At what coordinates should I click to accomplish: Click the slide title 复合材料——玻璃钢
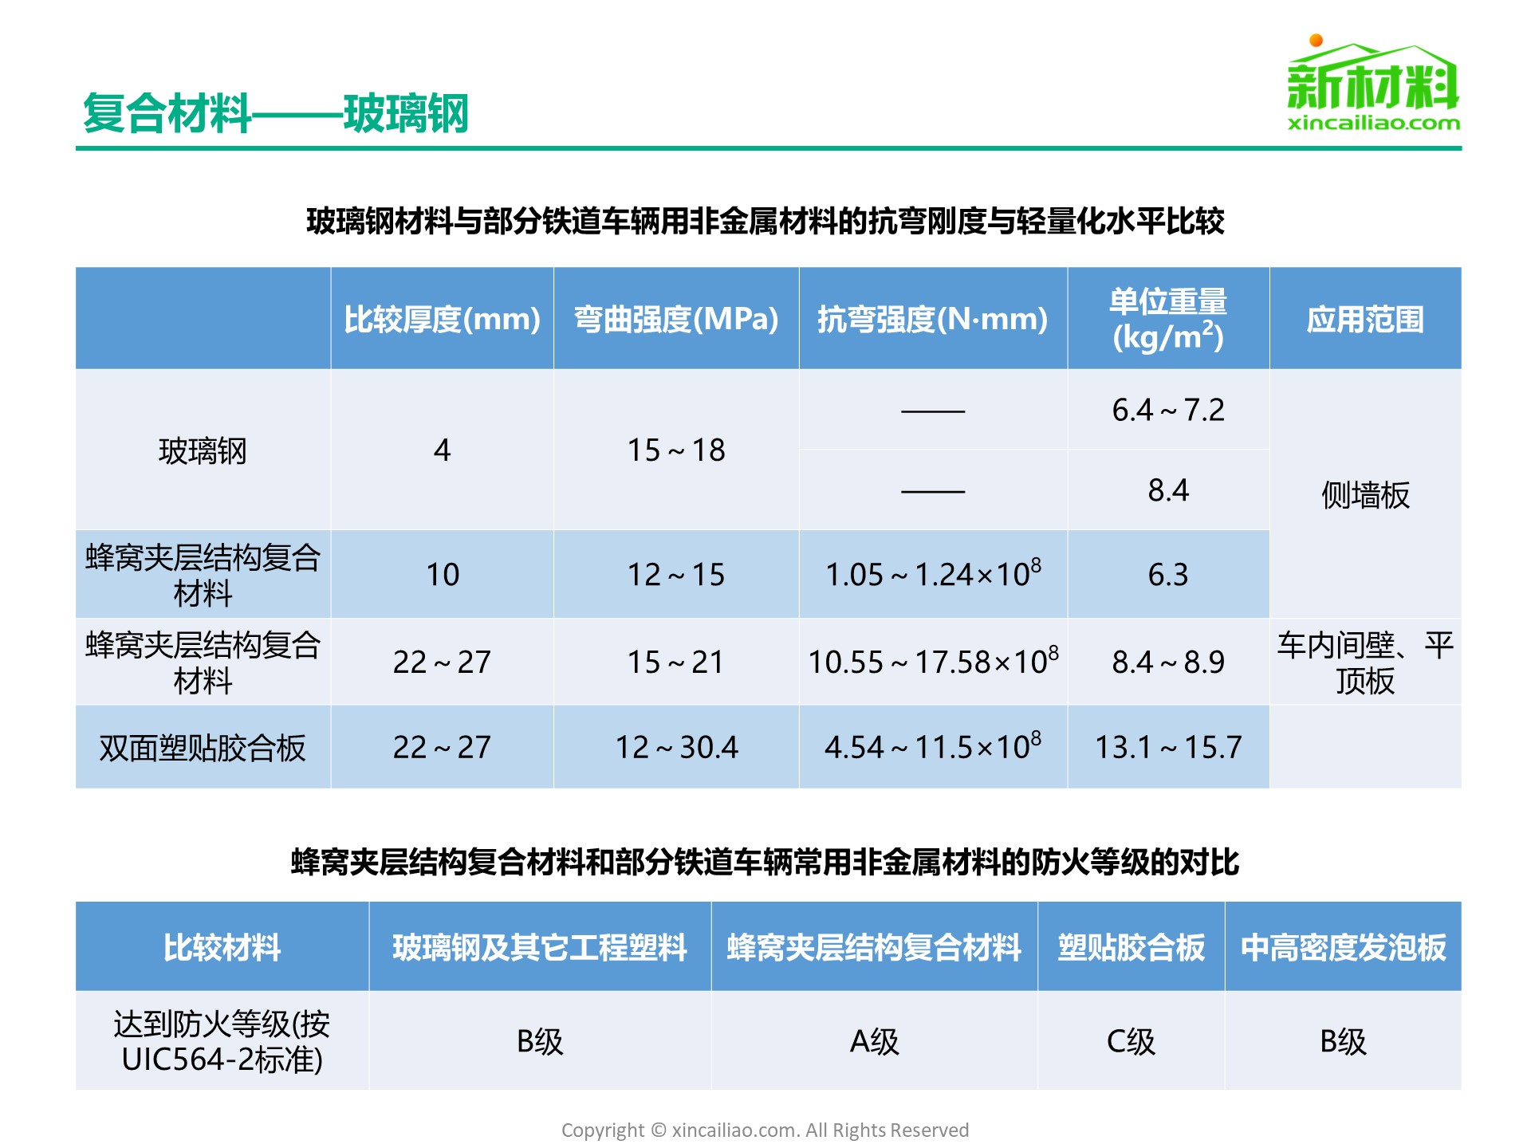point(276,113)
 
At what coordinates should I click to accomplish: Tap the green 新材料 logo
point(1373,83)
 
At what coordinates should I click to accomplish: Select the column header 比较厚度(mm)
point(443,319)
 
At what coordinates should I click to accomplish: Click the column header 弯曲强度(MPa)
point(676,319)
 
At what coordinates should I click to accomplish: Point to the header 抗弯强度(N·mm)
point(933,319)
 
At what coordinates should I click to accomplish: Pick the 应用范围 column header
point(1365,319)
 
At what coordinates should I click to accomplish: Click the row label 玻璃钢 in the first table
point(203,450)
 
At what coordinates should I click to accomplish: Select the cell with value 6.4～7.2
point(1168,410)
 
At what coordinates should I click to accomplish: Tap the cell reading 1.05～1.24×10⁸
point(933,573)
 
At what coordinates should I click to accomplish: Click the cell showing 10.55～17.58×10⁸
point(933,661)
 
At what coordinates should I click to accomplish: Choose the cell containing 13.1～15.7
point(1168,747)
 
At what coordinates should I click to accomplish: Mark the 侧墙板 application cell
point(1365,495)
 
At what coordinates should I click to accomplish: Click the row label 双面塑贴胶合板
point(203,748)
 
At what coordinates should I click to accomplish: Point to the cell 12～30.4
point(676,747)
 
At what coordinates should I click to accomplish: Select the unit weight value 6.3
point(1168,574)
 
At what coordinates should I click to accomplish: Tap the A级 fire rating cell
point(874,1041)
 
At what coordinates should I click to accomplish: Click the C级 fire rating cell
point(1131,1041)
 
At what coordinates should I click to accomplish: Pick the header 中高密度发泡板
point(1343,947)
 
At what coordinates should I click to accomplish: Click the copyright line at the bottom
point(765,1130)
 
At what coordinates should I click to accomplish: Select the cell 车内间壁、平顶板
point(1365,662)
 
